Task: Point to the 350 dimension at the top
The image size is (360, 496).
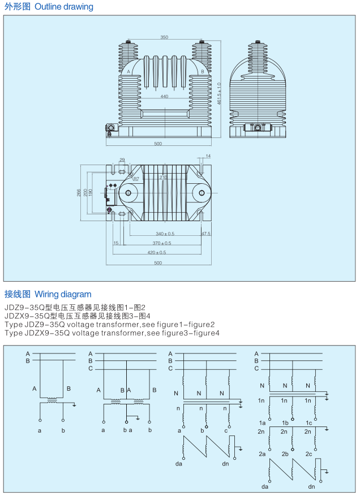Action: pos(164,37)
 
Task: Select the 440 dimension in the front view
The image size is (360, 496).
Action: pos(164,97)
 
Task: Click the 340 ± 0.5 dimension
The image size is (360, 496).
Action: pos(165,233)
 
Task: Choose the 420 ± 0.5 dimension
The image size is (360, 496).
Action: pos(157,252)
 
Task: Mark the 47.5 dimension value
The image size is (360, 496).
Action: pos(205,233)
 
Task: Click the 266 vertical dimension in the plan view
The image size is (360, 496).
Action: pos(79,192)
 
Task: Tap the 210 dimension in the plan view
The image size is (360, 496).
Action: pos(164,177)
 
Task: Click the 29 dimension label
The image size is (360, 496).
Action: pos(122,160)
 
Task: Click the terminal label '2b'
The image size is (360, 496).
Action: pos(285,454)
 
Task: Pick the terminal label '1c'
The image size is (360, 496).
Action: pos(308,423)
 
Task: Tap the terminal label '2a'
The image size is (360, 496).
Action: pos(262,454)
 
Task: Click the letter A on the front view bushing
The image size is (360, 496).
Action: pos(129,72)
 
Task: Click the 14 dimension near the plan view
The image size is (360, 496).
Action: pos(208,156)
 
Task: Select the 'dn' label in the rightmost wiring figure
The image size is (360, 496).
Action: pos(311,486)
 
